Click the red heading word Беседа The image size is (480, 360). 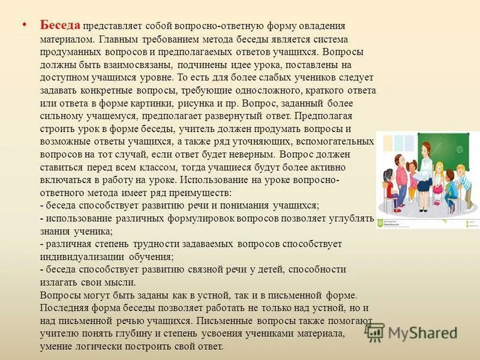60,25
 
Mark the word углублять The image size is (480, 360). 351,218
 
